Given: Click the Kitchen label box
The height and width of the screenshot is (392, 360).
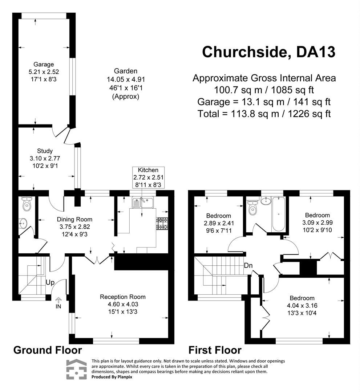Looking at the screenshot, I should coord(148,177).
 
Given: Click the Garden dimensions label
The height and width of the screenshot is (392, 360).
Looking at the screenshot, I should coord(126,84).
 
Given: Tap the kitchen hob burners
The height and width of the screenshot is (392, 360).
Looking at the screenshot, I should coord(162,223).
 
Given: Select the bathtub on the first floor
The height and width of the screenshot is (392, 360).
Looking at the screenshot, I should coord(278,214).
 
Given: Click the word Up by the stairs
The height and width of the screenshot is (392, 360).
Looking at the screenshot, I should coord(50,282).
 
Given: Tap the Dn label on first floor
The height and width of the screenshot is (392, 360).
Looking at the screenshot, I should coord(248,265).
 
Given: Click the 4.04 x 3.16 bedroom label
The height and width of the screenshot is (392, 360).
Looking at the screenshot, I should coord(300,306).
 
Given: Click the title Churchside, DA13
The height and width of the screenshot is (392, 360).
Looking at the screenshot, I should coord(268,52).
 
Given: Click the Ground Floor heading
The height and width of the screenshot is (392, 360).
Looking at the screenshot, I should coord(48,350).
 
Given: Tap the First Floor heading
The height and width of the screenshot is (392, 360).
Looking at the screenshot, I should coord(215,350).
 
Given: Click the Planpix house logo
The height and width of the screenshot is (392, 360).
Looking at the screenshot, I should coord(76,369).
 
